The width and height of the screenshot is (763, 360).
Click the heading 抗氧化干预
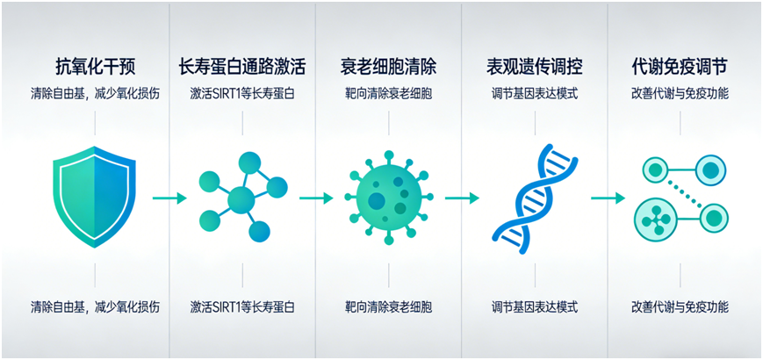(95, 68)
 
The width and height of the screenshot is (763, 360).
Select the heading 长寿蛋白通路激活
(241, 68)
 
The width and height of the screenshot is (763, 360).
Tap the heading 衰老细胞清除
(388, 68)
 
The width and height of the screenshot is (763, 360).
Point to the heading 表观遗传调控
(535, 68)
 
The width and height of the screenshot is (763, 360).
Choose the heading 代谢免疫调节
(680, 68)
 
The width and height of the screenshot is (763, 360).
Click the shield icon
(95, 196)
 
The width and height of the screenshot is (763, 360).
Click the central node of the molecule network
(241, 199)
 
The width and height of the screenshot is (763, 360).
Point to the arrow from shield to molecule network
(169, 198)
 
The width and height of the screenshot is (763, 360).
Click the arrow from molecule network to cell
(316, 198)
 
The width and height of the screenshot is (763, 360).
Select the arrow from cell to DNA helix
(462, 198)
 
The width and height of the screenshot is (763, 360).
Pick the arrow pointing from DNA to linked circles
(608, 198)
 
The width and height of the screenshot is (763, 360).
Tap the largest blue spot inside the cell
(377, 200)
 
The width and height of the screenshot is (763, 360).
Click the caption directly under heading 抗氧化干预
(95, 94)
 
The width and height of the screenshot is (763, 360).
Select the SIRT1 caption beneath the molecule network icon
(241, 307)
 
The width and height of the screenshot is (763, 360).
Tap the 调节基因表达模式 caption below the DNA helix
(535, 307)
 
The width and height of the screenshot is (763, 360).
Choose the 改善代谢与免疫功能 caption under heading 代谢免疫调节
(680, 94)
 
